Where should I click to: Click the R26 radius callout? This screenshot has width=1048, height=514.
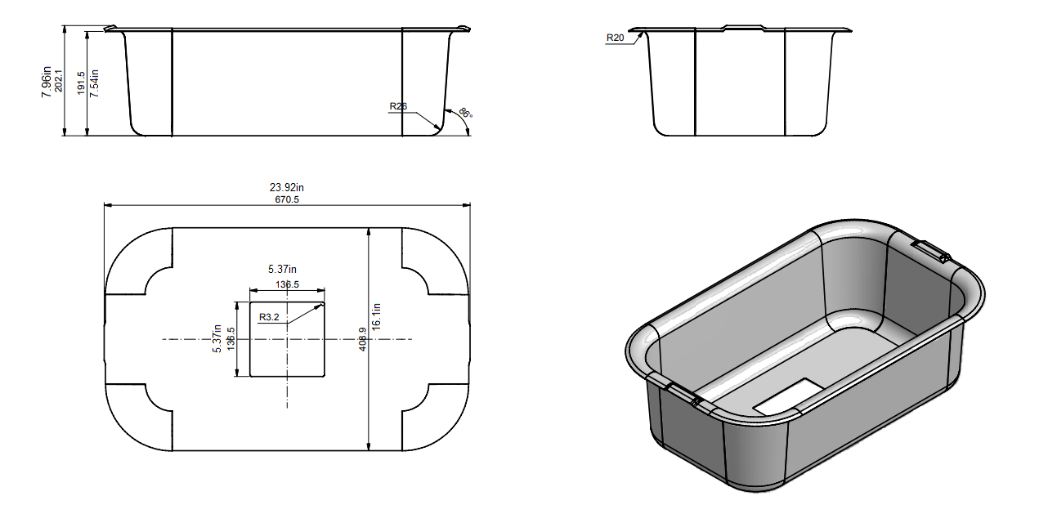[398, 106]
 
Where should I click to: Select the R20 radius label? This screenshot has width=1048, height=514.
[615, 38]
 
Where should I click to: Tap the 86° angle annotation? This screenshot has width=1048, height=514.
[464, 114]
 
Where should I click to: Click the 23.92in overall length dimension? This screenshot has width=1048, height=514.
[287, 187]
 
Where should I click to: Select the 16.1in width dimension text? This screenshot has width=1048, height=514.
[377, 315]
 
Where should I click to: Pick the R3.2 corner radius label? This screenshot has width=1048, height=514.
[269, 317]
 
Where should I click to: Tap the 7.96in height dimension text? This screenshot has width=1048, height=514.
[47, 81]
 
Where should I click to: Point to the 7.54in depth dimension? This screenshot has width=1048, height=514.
[94, 83]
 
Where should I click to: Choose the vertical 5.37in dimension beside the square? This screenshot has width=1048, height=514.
[217, 337]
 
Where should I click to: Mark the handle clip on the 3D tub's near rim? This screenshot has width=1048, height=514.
[684, 394]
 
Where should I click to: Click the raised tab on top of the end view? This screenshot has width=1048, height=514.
[742, 28]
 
